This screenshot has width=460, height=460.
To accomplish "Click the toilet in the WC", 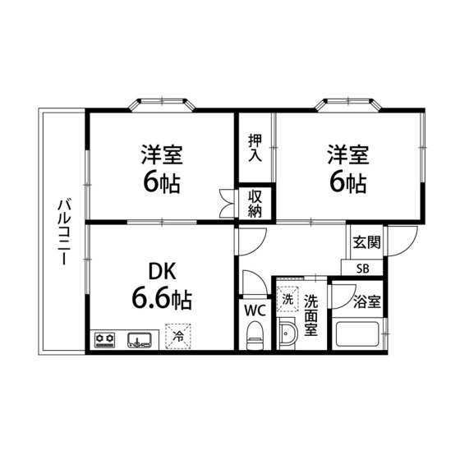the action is click(255, 335).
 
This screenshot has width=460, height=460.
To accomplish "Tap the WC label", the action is click(255, 310).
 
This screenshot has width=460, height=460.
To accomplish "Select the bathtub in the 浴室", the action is click(357, 334).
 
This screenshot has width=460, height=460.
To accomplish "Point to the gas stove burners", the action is click(105, 340).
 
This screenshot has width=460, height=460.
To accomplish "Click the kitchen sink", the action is click(140, 340).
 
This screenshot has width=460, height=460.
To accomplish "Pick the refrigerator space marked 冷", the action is click(177, 337).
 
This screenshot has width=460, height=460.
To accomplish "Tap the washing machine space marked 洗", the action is click(287, 299).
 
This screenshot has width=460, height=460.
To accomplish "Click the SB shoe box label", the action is click(362, 269).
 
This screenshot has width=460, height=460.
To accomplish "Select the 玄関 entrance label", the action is click(366, 242).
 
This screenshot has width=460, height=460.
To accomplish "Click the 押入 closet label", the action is click(255, 148).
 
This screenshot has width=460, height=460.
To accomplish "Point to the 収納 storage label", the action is click(255, 204).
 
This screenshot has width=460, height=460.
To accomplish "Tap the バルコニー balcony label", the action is click(64, 232).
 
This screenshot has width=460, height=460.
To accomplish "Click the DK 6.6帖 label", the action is click(162, 286).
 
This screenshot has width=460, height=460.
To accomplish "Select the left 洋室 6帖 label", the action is click(162, 168).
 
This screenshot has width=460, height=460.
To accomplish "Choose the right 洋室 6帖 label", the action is click(348, 168).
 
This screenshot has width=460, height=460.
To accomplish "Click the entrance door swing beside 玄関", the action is click(401, 241).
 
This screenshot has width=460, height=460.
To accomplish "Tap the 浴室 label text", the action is click(367, 301).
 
